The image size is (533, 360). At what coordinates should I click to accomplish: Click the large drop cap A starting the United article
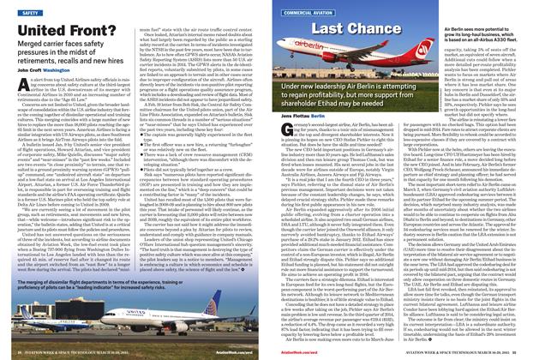(16, 82)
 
